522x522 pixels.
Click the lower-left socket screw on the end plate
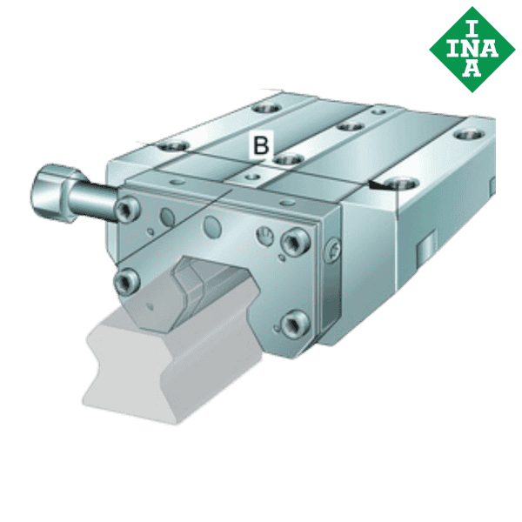(x=127, y=279)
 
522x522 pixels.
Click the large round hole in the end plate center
(x=211, y=228)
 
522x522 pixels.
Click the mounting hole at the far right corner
(x=469, y=135)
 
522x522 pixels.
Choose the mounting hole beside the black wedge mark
(x=403, y=182)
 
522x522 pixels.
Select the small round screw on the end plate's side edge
(x=332, y=254)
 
